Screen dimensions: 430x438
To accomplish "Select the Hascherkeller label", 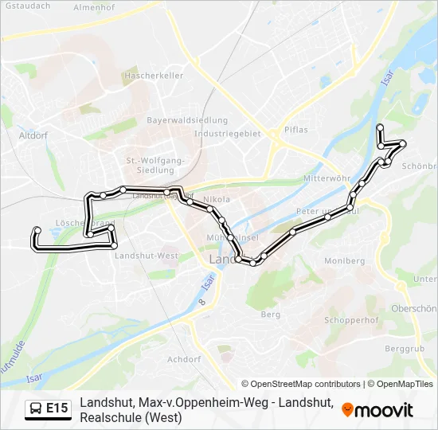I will tap(154, 76).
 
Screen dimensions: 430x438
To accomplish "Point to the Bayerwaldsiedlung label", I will tap(187, 120).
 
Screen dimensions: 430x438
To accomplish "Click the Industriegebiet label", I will tap(228, 134).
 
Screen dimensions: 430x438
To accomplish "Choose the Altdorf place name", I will tap(33, 135).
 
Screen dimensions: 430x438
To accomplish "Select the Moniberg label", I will tap(344, 260).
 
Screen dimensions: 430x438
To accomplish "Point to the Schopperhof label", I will tap(351, 320).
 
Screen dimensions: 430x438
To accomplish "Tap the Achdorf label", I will tap(184, 359).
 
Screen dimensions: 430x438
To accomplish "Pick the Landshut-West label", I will tap(147, 256).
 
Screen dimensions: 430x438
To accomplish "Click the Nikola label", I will tap(217, 199).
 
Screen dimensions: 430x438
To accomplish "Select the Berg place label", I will tap(271, 315).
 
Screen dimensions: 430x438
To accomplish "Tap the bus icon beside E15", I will tap(36, 409).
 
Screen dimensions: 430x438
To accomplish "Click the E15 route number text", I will tap(57, 409).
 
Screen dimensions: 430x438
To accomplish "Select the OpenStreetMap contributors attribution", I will tap(301, 384).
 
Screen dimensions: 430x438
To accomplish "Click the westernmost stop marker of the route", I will tap(37, 231).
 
